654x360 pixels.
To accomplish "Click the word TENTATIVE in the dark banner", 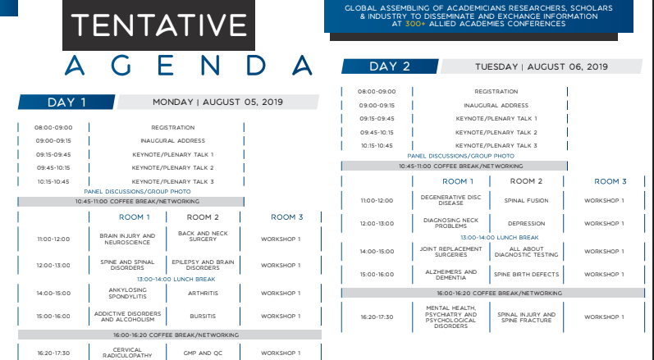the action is click(158, 25).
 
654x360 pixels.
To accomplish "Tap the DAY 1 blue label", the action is click(66, 103).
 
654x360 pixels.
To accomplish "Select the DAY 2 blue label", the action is click(390, 66).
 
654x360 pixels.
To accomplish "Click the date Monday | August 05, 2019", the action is click(217, 102).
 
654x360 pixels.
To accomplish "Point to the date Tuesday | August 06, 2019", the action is click(542, 66).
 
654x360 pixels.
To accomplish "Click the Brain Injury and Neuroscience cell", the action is click(127, 239).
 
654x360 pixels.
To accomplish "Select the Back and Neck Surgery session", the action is click(203, 236).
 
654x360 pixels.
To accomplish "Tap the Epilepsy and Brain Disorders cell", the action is click(203, 265).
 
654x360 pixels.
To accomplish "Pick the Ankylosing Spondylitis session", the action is click(127, 294).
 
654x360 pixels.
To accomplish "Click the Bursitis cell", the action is click(203, 317).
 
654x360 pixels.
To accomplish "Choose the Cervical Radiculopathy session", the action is click(127, 353).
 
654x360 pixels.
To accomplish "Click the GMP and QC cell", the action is click(203, 353).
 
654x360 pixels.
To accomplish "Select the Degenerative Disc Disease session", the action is click(450, 200).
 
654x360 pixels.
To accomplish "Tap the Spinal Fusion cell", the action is click(526, 200).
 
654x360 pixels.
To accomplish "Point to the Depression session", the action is click(526, 223).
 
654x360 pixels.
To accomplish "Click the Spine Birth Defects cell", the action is click(526, 274).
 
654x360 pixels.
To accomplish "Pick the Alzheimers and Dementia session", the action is click(450, 275).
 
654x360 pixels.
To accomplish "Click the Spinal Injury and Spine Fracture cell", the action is click(526, 317).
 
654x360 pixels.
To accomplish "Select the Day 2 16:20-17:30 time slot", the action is click(377, 317).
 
